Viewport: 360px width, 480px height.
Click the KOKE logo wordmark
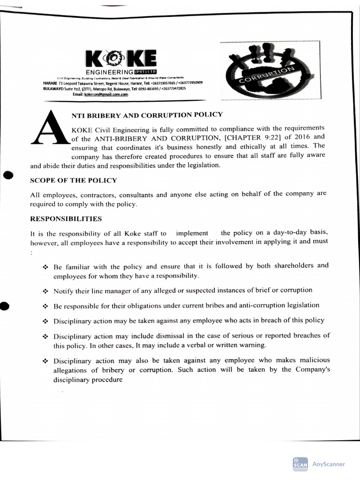tap(121, 59)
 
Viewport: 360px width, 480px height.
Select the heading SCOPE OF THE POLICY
tap(74, 180)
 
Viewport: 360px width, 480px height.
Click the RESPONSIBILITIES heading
tap(66, 218)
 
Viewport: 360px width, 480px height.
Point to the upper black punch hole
tap(7, 175)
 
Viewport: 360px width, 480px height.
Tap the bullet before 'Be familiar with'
tap(45, 267)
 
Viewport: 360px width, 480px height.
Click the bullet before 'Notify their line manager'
tap(45, 291)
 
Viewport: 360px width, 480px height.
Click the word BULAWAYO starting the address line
tap(50, 88)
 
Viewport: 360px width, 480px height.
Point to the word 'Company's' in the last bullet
tap(313, 369)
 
